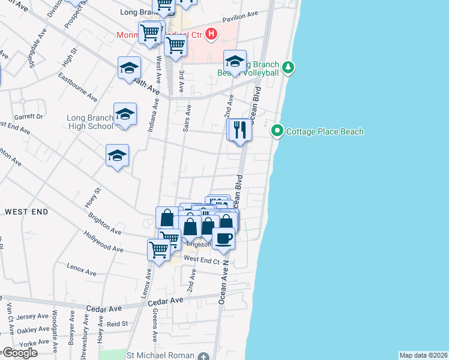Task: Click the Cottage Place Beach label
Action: (325, 131)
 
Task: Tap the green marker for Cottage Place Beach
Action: (277, 130)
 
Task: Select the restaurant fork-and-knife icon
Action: (240, 130)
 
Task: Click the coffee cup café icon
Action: (223, 238)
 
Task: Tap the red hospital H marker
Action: (211, 34)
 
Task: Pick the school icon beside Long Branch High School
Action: (125, 114)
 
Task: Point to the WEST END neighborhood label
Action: (27, 212)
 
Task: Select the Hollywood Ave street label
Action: (103, 242)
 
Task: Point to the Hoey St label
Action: (92, 198)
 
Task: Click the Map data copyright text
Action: (424, 355)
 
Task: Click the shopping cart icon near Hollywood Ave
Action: (159, 249)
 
